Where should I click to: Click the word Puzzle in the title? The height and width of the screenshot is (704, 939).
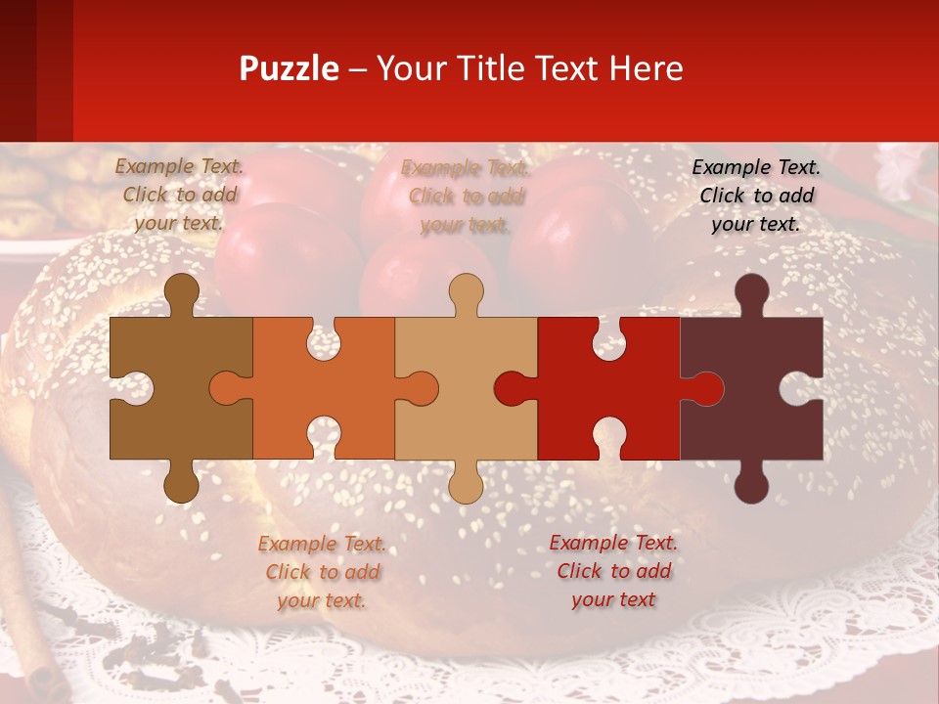(289, 68)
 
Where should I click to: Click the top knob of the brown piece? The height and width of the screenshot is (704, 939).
(181, 290)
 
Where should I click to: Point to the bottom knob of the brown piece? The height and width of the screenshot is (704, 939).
(181, 485)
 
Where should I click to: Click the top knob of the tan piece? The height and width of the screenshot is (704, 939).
(466, 290)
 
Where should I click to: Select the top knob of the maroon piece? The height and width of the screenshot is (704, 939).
(751, 290)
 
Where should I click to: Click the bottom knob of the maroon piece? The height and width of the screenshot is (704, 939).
(751, 485)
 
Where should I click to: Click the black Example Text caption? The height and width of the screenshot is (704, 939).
(756, 196)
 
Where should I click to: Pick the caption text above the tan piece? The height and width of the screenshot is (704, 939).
(466, 197)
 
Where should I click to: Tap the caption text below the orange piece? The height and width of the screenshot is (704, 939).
(322, 572)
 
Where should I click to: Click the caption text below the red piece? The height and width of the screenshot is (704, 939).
(613, 571)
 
